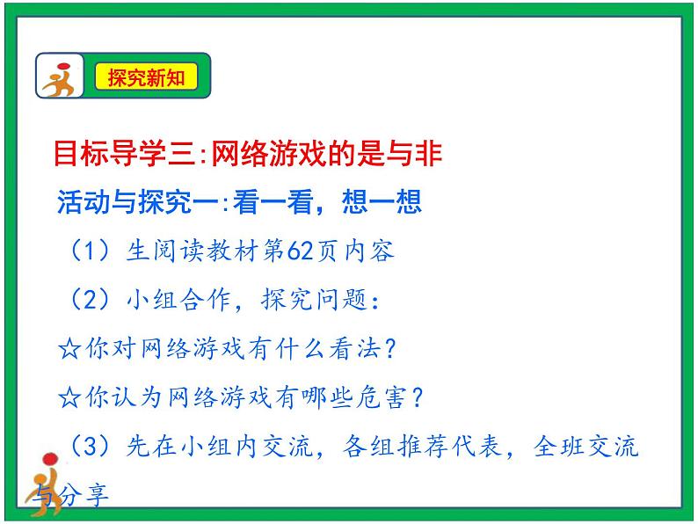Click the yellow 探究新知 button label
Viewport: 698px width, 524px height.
[x=146, y=77]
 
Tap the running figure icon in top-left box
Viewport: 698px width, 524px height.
[x=61, y=77]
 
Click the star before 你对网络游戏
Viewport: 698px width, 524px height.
[x=69, y=349]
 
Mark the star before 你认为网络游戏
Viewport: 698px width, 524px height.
[x=69, y=397]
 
